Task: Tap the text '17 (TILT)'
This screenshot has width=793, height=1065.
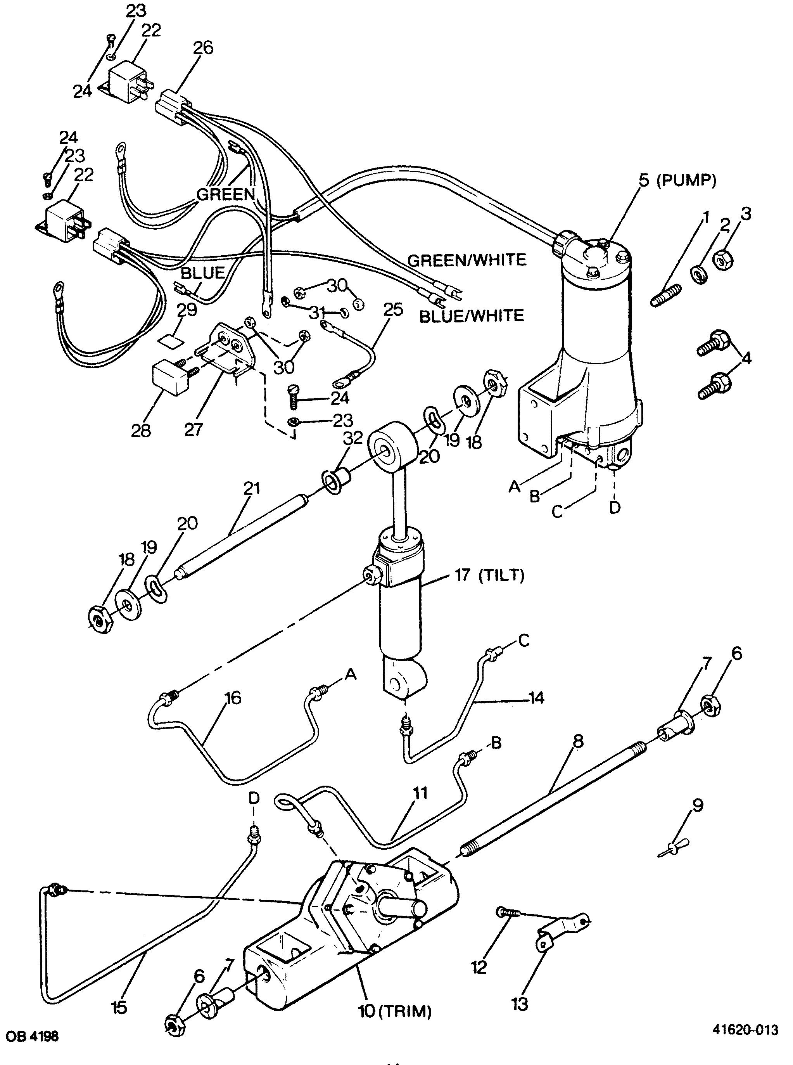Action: click(x=487, y=575)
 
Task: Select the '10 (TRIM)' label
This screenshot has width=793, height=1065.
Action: click(x=395, y=1012)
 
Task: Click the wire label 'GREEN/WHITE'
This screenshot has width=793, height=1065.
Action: click(x=467, y=260)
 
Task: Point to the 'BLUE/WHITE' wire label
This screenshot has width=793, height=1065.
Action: click(x=472, y=315)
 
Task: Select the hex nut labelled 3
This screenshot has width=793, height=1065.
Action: click(x=722, y=260)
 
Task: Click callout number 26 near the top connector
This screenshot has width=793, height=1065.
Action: click(x=203, y=48)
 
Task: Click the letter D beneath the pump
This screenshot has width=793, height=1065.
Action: click(x=615, y=507)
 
